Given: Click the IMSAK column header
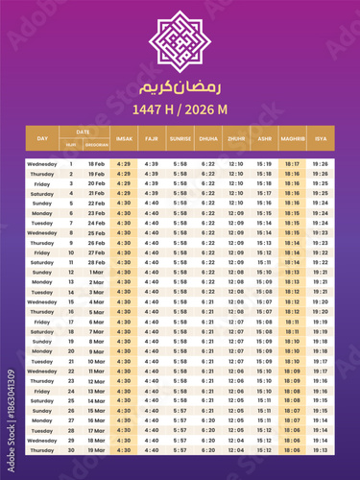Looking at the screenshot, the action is click(124, 138).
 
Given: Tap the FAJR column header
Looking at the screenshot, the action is click(152, 138).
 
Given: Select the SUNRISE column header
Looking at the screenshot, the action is click(180, 138).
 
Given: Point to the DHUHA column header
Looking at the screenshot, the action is click(208, 138).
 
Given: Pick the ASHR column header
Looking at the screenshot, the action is click(264, 138).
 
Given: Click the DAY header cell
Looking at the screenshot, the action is click(42, 138).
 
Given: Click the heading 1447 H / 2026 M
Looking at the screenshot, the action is click(180, 108).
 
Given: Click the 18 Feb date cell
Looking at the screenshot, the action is click(97, 164).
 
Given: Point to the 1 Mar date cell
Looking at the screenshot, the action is click(97, 272).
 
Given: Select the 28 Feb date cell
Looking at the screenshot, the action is click(97, 262).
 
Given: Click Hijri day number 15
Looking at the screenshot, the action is click(70, 301).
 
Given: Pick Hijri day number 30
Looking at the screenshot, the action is click(70, 449).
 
